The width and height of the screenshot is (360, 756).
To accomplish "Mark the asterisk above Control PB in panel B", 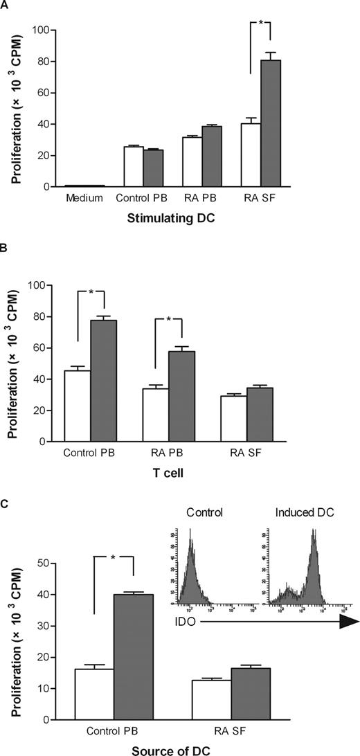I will tap(90, 291).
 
